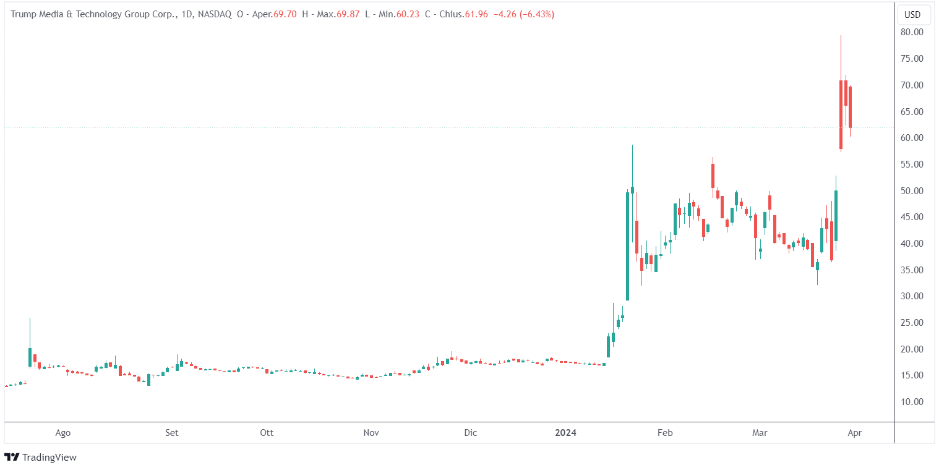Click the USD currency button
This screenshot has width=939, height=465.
click(913, 14)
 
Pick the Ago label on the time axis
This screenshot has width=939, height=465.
click(62, 433)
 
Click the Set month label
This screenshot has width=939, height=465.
click(172, 433)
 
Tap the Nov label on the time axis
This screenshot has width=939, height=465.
click(371, 433)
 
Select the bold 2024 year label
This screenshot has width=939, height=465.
click(565, 433)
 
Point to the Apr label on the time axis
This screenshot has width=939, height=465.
click(854, 433)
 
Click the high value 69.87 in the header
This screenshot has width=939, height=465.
click(347, 14)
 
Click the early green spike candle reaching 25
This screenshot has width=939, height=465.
click(30, 356)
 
